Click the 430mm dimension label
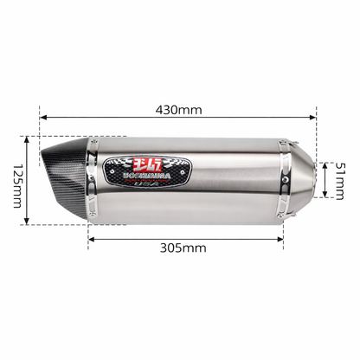click(178, 110)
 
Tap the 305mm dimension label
click(183, 247)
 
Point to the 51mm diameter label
click(340, 179)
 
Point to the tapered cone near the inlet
click(299, 179)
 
